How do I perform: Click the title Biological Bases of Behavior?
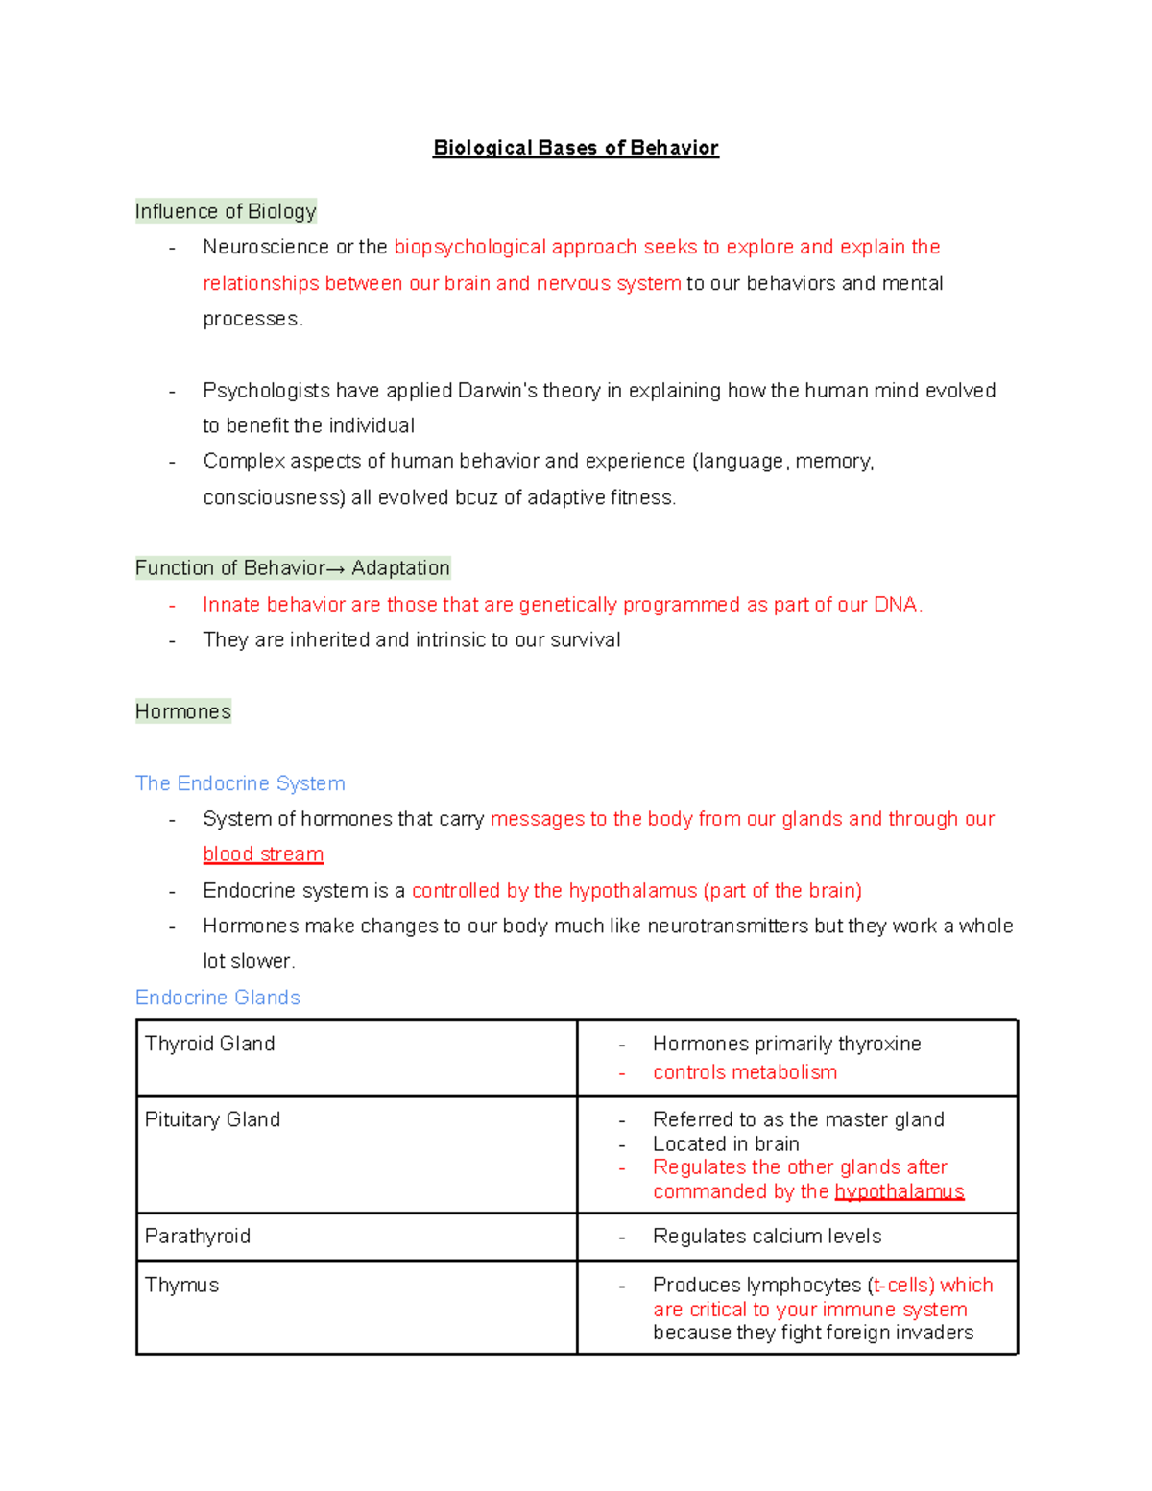click(x=575, y=148)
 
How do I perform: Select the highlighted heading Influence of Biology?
click(x=226, y=211)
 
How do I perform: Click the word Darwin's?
click(x=496, y=390)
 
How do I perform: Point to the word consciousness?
click(x=274, y=497)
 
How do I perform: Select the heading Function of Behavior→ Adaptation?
click(x=292, y=567)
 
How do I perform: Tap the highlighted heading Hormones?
click(x=183, y=711)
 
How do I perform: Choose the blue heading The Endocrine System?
click(x=240, y=783)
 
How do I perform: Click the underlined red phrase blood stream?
click(x=263, y=854)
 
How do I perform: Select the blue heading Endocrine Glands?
click(x=218, y=998)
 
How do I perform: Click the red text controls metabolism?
click(x=745, y=1072)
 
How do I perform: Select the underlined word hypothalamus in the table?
click(x=899, y=1191)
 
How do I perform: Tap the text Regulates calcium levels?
click(x=767, y=1236)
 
